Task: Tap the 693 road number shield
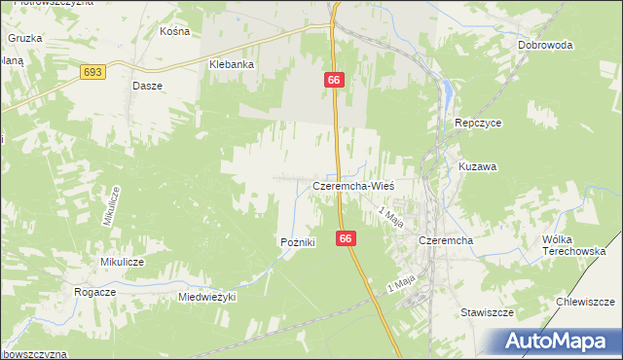click(93, 72)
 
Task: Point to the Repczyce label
click(477, 124)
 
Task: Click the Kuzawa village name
click(478, 166)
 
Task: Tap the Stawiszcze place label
click(487, 313)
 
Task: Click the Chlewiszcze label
click(584, 302)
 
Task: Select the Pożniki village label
click(297, 242)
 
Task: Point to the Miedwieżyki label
click(207, 297)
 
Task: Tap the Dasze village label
click(146, 85)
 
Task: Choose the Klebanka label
click(232, 64)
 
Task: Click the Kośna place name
click(173, 31)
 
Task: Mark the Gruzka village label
click(24, 38)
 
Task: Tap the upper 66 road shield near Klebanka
click(333, 79)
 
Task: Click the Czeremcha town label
click(445, 240)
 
